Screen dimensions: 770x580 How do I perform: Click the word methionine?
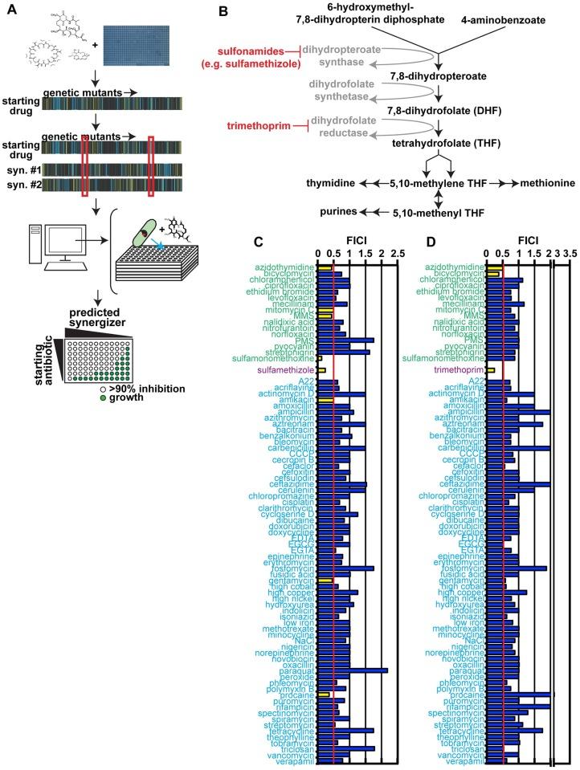pyautogui.click(x=547, y=184)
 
